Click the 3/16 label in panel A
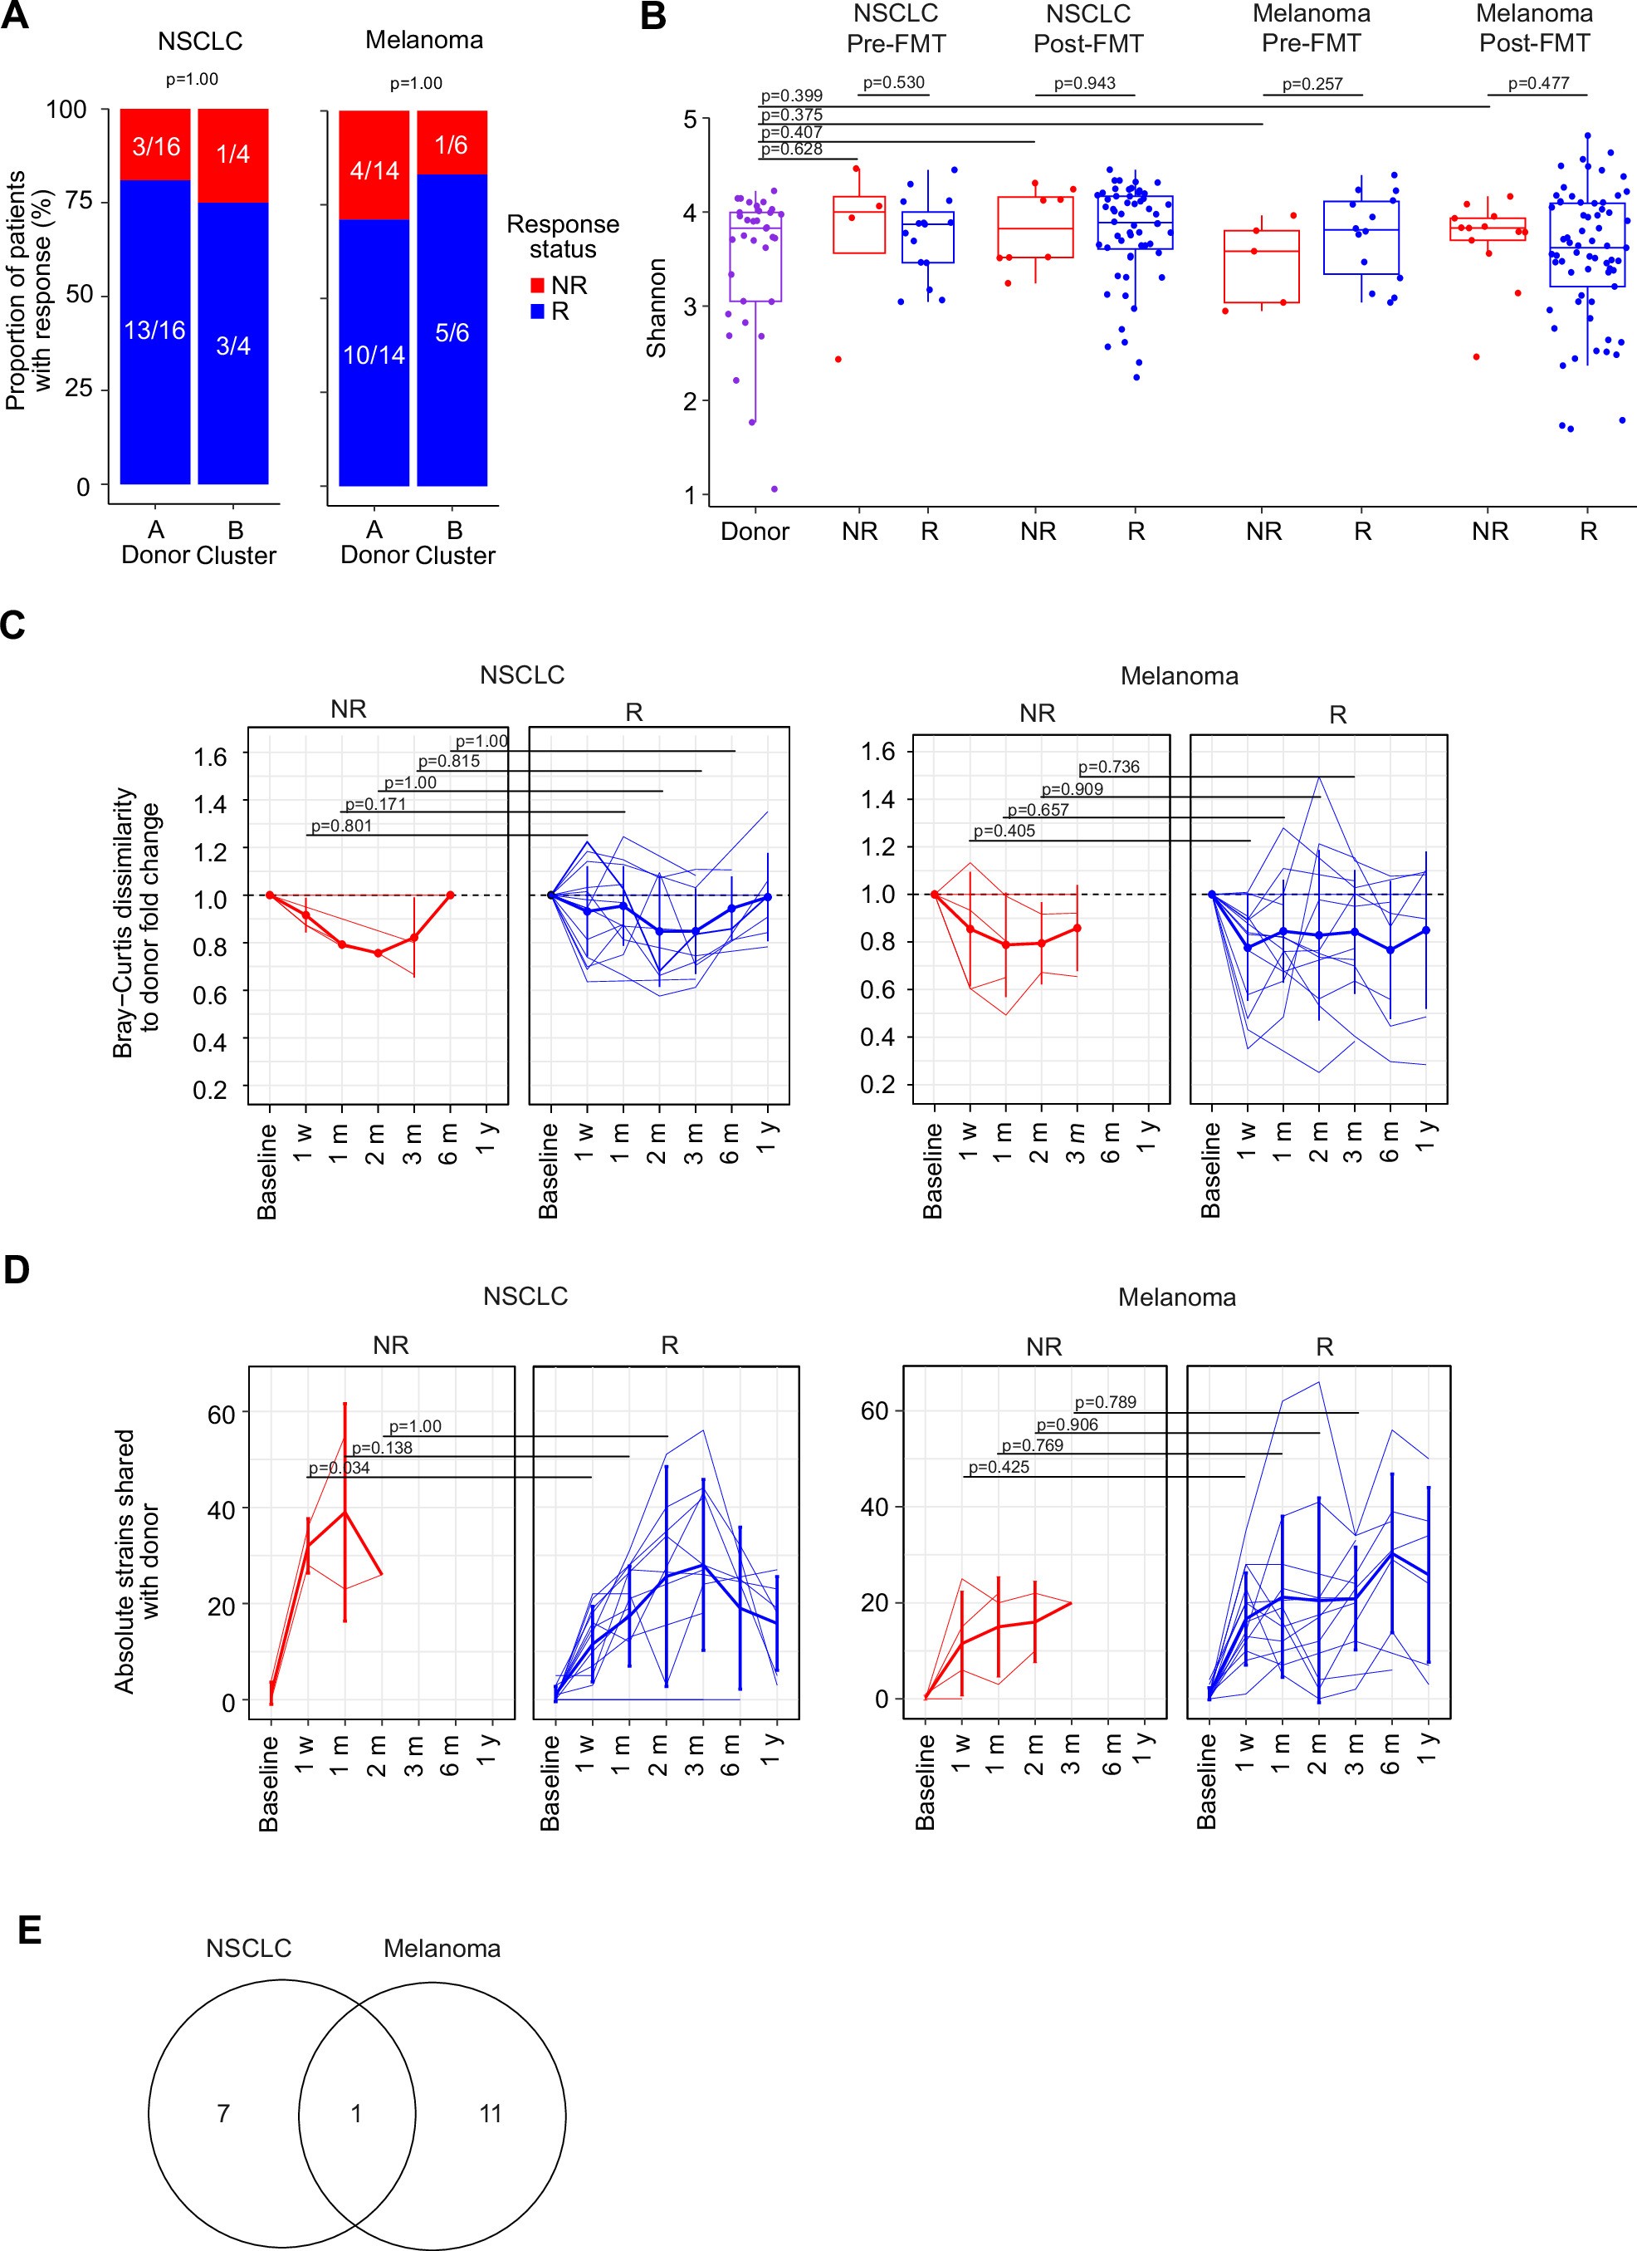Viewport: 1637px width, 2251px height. pos(156,147)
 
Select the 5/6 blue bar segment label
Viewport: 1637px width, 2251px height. pos(452,332)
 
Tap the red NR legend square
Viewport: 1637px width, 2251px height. pos(537,286)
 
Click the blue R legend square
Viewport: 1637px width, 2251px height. pos(537,311)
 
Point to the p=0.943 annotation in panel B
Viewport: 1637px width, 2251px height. pos(1084,83)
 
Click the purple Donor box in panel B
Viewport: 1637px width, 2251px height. pos(755,256)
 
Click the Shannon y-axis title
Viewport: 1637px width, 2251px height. pos(656,307)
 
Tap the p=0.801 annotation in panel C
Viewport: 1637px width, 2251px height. pos(341,825)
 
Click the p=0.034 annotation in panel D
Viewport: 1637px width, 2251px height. pos(339,1468)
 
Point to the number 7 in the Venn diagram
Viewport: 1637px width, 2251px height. pos(223,2114)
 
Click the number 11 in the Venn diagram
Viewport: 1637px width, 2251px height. pos(490,2114)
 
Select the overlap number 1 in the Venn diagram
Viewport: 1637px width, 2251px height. pos(356,2114)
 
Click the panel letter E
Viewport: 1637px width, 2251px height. pos(30,1930)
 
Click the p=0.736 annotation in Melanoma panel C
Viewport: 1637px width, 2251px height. pos(1108,767)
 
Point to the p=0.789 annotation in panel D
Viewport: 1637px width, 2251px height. pos(1105,1402)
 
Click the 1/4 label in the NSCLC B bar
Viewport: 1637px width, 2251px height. pos(233,154)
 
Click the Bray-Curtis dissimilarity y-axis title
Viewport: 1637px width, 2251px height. pos(136,923)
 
